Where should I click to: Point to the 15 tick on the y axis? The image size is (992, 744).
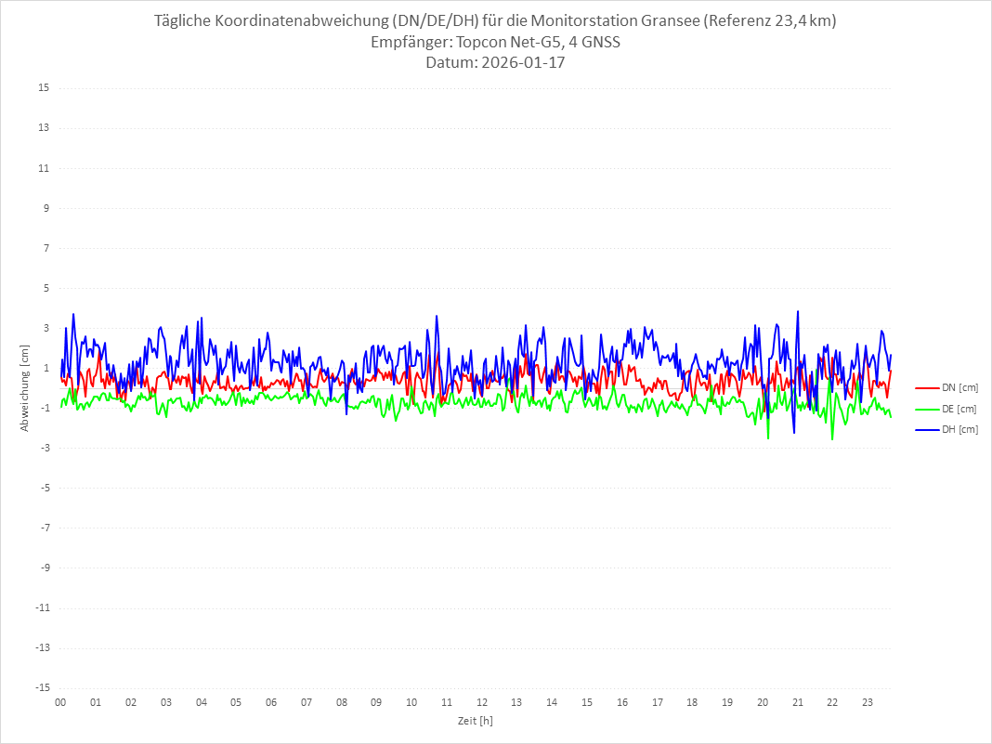tap(43, 88)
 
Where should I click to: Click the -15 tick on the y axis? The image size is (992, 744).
tap(41, 687)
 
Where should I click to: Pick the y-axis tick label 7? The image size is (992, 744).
tap(45, 248)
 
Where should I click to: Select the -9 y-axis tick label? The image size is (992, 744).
tap(43, 568)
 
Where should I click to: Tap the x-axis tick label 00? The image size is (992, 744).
tap(60, 702)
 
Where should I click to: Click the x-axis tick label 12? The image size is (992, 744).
tap(482, 702)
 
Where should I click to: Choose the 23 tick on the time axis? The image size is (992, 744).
tap(868, 702)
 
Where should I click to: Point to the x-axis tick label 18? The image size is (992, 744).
tap(692, 702)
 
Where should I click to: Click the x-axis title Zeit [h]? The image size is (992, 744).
tap(475, 721)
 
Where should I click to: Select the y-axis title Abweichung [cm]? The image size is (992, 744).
tap(25, 387)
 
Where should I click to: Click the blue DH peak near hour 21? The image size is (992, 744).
tap(797, 312)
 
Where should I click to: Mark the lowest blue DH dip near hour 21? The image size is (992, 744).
tap(794, 432)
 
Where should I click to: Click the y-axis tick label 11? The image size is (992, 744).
tap(43, 168)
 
